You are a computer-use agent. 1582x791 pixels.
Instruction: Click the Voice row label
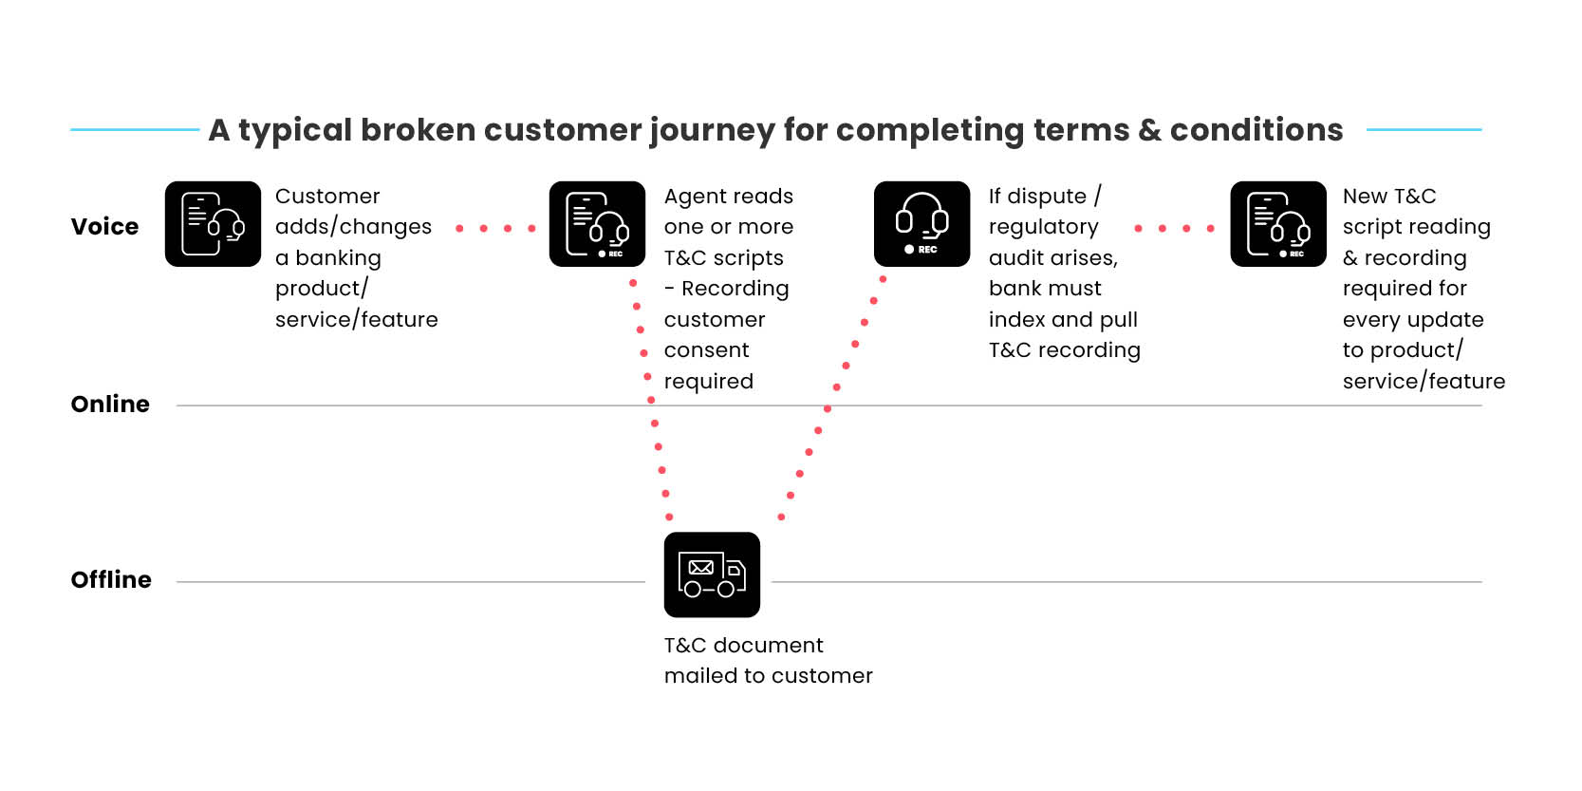[104, 226]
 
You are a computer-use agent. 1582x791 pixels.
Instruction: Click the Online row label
[110, 404]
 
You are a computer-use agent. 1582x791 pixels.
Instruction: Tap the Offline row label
[111, 579]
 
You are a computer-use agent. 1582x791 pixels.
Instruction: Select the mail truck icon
[712, 574]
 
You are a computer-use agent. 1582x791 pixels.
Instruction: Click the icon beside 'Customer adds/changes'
[213, 224]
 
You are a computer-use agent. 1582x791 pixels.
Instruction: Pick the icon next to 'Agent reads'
[597, 224]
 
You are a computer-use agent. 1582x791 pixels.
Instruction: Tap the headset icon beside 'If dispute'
[921, 224]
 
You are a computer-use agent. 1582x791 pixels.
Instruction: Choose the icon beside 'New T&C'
[1277, 224]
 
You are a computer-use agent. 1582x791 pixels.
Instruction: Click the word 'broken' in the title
[418, 130]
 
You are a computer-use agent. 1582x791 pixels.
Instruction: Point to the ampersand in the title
[1149, 131]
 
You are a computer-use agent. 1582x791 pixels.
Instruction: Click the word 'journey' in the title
[712, 131]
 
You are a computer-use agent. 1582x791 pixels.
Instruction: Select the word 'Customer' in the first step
[327, 196]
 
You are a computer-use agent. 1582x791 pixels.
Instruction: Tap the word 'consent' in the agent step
[706, 349]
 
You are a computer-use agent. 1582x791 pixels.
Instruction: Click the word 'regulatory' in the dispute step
[1043, 228]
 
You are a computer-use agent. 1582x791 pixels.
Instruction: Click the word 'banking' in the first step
[338, 258]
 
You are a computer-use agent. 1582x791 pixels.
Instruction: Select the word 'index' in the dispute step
[1016, 319]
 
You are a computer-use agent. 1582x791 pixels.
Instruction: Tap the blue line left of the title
[135, 129]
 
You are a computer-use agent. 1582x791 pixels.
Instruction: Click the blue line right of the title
[1424, 129]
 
